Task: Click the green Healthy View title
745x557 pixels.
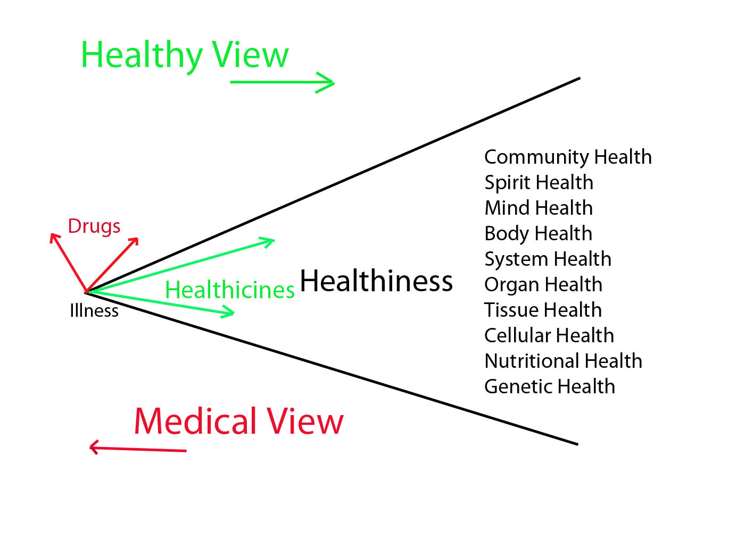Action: pyautogui.click(x=185, y=55)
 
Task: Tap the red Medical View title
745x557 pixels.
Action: pyautogui.click(x=238, y=421)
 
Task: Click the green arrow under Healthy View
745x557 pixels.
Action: pyautogui.click(x=282, y=82)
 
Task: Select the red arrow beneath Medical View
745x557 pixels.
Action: pyautogui.click(x=138, y=449)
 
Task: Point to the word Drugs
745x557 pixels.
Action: pyautogui.click(x=94, y=226)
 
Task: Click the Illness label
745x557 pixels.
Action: pyautogui.click(x=94, y=310)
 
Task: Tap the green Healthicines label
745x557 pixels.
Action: pyautogui.click(x=230, y=290)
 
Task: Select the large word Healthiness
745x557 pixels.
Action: pyautogui.click(x=376, y=281)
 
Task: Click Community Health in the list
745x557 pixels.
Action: pyautogui.click(x=568, y=157)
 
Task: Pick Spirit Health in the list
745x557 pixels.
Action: pyautogui.click(x=539, y=183)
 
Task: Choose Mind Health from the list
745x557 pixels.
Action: pyautogui.click(x=539, y=208)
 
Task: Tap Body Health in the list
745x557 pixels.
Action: pyautogui.click(x=538, y=233)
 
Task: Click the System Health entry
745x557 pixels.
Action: pyautogui.click(x=548, y=259)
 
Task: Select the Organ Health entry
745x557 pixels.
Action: pyautogui.click(x=543, y=284)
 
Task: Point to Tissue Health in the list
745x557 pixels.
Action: pyautogui.click(x=543, y=310)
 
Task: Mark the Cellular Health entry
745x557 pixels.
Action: pyautogui.click(x=549, y=335)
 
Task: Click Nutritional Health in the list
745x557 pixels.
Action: pyautogui.click(x=563, y=361)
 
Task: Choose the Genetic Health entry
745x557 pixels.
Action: pyautogui.click(x=550, y=386)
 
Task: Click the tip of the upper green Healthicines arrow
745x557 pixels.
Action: pyautogui.click(x=274, y=240)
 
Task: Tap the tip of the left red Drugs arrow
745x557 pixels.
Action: pyautogui.click(x=52, y=234)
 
